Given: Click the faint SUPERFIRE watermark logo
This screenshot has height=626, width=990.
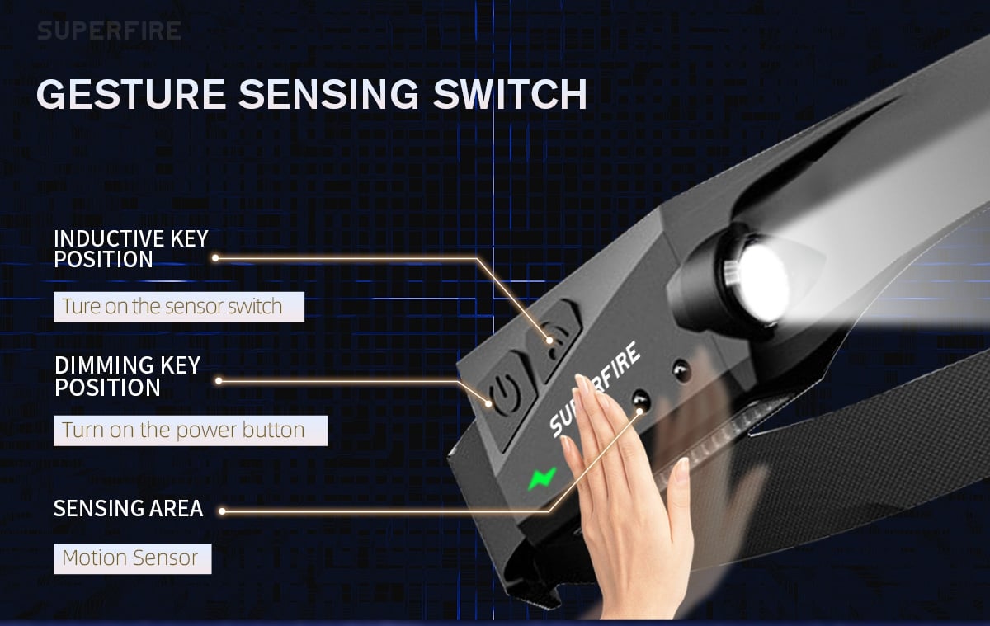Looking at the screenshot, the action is [109, 31].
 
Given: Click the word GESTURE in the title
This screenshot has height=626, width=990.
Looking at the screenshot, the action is [131, 94].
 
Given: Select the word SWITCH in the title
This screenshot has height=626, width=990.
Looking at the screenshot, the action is [510, 94].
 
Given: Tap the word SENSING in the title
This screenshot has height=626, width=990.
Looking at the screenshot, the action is [329, 94].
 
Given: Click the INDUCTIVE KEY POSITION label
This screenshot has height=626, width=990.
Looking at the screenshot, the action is [131, 248].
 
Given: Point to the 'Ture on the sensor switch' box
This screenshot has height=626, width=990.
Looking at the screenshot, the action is [179, 307].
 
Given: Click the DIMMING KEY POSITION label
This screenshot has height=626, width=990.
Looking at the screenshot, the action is [127, 376].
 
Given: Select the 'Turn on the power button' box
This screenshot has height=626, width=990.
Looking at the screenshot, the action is [191, 431].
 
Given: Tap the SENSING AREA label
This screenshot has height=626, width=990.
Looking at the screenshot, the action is [128, 508].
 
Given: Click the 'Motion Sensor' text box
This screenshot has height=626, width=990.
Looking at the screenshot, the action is [133, 558].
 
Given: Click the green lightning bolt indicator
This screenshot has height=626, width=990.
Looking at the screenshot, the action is [542, 478].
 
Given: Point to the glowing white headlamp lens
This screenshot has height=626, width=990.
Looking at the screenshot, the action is [761, 283].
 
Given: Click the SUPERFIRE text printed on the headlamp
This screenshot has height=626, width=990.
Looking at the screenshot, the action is [595, 388].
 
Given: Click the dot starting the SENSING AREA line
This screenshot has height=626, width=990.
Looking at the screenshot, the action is [222, 511].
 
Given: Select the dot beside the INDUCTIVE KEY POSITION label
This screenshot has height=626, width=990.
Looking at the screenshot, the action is [215, 258].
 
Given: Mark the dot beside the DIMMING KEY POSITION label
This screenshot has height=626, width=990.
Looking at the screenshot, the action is [219, 381].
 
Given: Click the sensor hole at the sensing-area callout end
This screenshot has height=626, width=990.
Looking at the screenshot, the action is [640, 401].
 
